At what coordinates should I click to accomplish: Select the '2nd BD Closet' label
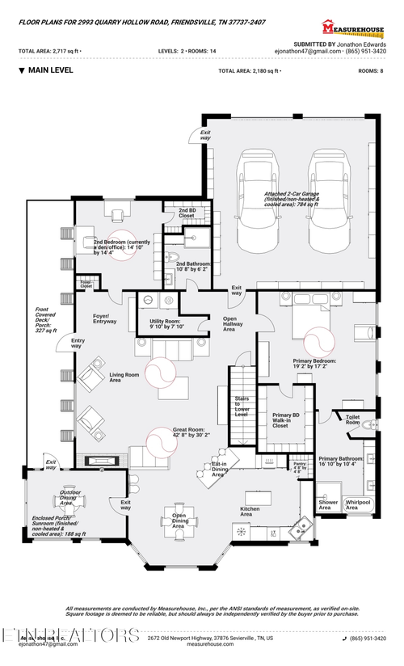click(x=187, y=213)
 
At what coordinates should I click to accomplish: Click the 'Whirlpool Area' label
click(x=358, y=504)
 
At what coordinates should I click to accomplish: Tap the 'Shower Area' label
click(x=329, y=504)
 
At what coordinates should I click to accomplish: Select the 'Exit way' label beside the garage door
click(x=205, y=135)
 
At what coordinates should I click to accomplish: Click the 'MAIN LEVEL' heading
click(x=50, y=70)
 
